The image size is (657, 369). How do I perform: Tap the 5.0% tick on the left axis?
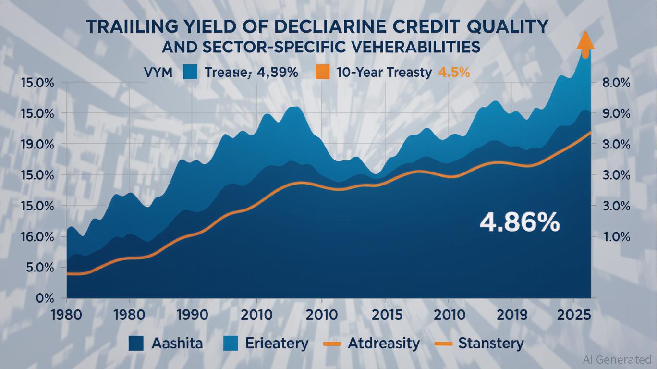click(x=38, y=267)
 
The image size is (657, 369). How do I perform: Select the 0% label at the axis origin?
click(x=45, y=298)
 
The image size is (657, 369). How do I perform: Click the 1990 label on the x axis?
click(x=192, y=315)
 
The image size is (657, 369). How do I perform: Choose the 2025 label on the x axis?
click(x=574, y=315)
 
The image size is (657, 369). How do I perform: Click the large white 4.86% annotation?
click(x=520, y=223)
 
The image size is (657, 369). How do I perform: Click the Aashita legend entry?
click(x=166, y=344)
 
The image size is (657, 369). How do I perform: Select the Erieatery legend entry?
click(x=266, y=344)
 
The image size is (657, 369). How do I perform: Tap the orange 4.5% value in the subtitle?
click(x=454, y=73)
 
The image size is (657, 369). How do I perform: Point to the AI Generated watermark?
click(x=618, y=359)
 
